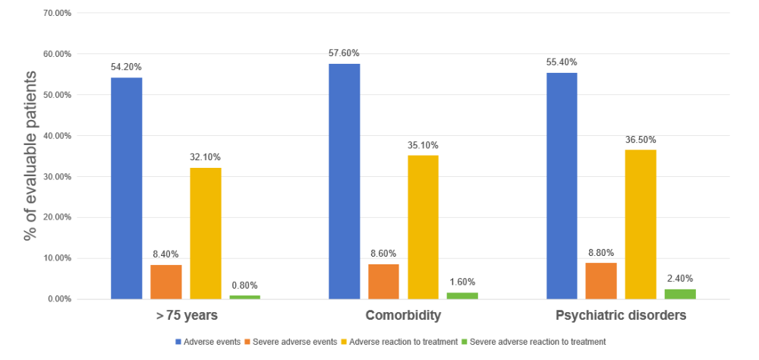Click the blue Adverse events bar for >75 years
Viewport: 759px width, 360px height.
[126, 188]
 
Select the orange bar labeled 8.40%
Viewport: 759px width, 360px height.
[165, 282]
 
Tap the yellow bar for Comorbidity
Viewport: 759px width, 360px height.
[423, 227]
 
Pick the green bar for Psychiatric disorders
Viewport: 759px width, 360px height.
[680, 294]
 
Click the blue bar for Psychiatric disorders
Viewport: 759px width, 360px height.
[562, 185]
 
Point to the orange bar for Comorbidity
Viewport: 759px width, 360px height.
[383, 281]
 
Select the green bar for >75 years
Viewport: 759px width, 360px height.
[244, 297]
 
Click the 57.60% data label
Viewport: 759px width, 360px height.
[344, 53]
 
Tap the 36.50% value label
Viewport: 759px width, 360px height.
[641, 140]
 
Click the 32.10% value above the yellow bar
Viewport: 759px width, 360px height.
[206, 157]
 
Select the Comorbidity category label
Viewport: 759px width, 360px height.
[403, 315]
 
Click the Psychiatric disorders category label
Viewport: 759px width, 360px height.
[621, 315]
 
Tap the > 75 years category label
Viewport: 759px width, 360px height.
[185, 315]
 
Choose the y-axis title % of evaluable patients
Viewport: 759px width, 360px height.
[30, 156]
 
